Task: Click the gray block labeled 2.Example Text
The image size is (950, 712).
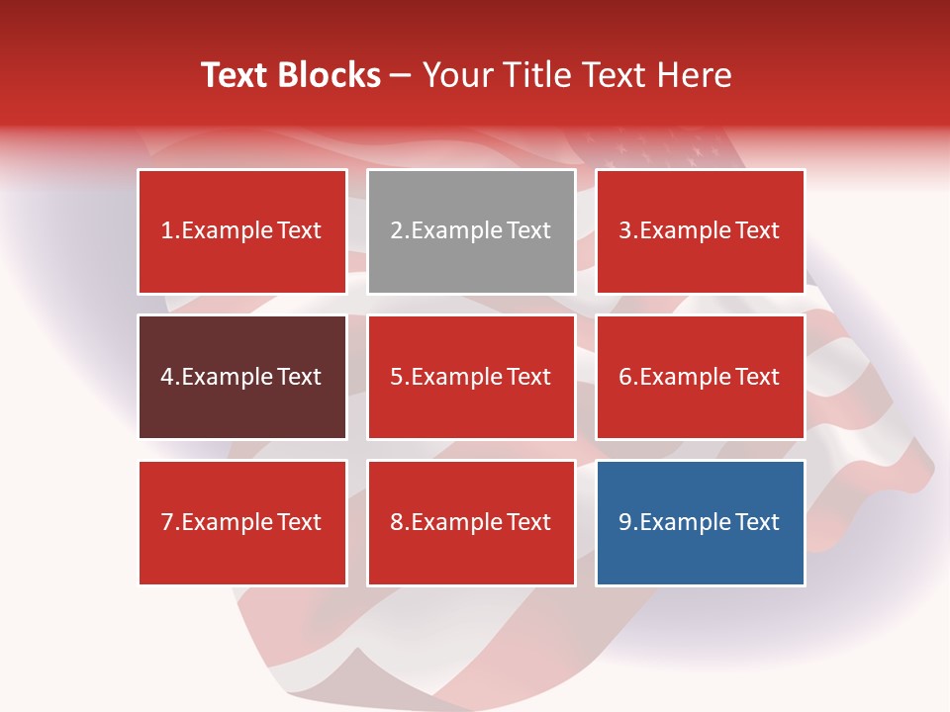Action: tap(471, 231)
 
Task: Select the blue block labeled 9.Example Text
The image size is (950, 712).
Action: tap(700, 522)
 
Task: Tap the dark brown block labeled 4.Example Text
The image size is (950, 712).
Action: tap(242, 377)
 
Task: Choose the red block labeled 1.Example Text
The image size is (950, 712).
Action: tap(242, 231)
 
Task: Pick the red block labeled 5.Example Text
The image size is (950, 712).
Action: tap(471, 377)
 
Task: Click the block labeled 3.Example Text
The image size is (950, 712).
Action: tap(700, 231)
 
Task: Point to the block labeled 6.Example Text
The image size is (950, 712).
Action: tap(700, 377)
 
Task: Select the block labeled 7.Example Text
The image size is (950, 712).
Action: tap(242, 522)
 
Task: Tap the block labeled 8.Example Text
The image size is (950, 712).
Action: tap(471, 522)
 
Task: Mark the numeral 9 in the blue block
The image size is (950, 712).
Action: tap(625, 522)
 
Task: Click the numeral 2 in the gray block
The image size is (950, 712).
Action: tap(397, 231)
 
